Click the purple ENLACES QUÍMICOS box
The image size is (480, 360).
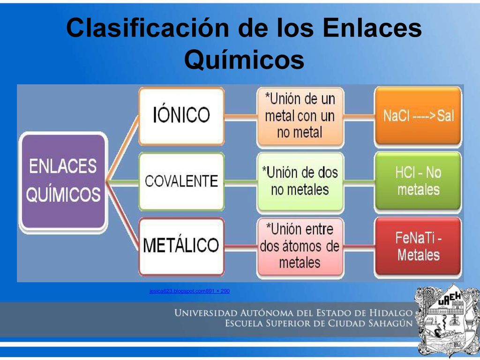(63, 180)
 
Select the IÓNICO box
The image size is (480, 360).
(181, 116)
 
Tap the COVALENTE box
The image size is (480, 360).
(181, 181)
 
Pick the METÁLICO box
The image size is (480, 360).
(181, 246)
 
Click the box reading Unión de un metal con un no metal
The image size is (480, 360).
(300, 116)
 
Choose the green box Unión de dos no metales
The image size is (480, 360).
(300, 181)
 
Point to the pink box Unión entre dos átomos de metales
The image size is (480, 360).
(300, 246)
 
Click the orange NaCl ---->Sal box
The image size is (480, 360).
(418, 116)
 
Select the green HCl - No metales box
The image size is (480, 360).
(418, 181)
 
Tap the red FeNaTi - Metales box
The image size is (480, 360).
(418, 246)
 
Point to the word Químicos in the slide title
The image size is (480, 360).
(244, 60)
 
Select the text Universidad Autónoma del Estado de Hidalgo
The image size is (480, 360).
(293, 313)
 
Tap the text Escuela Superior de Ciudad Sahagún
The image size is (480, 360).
(319, 323)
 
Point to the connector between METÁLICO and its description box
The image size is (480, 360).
(240, 246)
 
